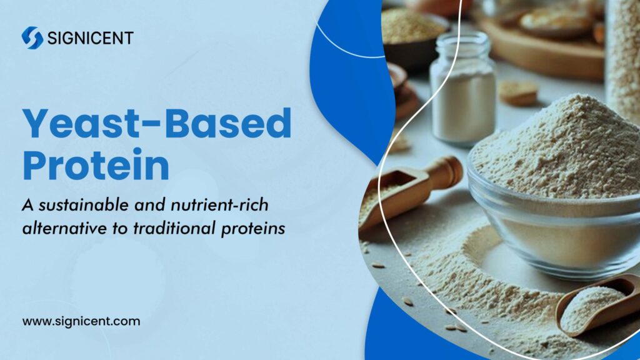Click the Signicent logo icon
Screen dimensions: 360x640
click(32, 37)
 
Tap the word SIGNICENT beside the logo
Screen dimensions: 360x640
click(89, 38)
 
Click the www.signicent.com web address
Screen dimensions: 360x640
click(81, 322)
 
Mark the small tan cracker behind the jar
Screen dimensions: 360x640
click(518, 92)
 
